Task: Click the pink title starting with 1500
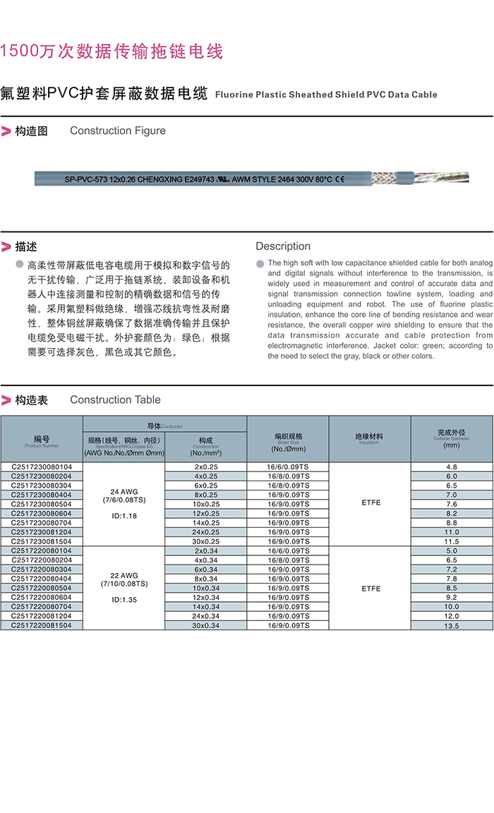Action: pyautogui.click(x=112, y=52)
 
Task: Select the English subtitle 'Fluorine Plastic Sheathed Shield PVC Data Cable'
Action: pyautogui.click(x=326, y=95)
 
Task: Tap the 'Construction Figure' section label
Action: pyautogui.click(x=118, y=131)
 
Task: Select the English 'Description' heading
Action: pyautogui.click(x=283, y=246)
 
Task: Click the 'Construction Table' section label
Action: pyautogui.click(x=115, y=400)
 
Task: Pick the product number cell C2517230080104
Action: pyautogui.click(x=42, y=467)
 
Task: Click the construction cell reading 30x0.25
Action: pyautogui.click(x=206, y=541)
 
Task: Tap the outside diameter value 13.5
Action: pyautogui.click(x=452, y=626)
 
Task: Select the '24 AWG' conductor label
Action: pyautogui.click(x=124, y=491)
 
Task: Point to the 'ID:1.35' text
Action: pyautogui.click(x=124, y=600)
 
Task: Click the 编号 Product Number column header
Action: pyautogui.click(x=42, y=441)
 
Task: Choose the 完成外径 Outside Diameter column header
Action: pyautogui.click(x=452, y=438)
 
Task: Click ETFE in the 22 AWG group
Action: pyautogui.click(x=370, y=589)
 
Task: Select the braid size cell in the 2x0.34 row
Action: pyautogui.click(x=288, y=550)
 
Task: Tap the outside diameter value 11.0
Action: pyautogui.click(x=452, y=532)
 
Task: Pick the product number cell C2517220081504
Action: pyautogui.click(x=42, y=625)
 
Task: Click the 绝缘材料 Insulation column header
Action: pyautogui.click(x=369, y=438)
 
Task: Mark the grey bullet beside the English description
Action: pyautogui.click(x=260, y=264)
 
